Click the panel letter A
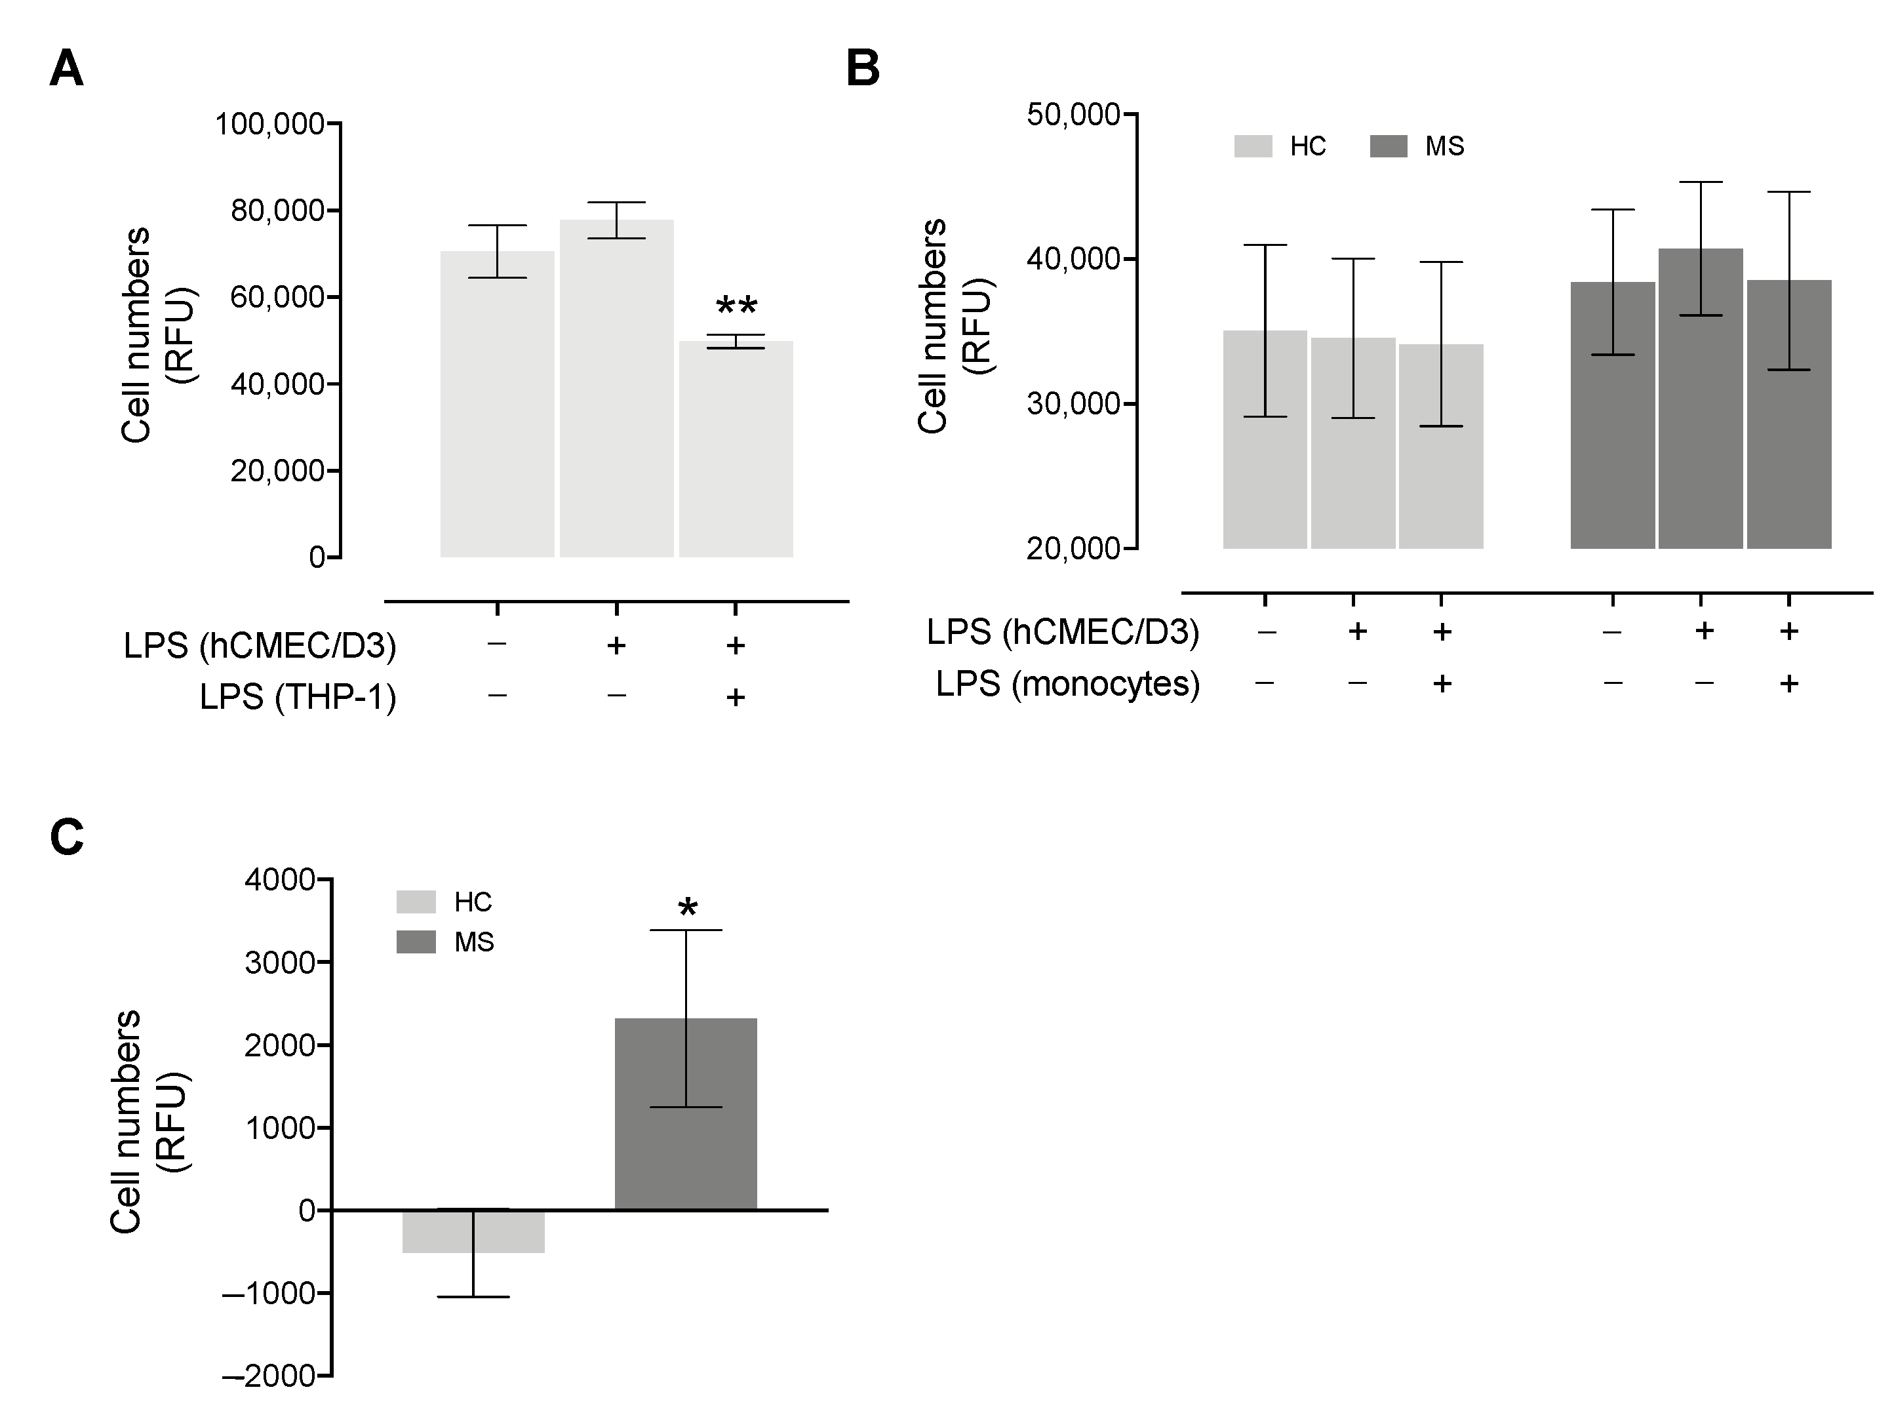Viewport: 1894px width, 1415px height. [x=66, y=70]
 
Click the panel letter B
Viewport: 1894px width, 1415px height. [x=862, y=70]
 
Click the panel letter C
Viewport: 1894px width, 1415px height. [x=67, y=837]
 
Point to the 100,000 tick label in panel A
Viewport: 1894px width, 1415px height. [x=269, y=124]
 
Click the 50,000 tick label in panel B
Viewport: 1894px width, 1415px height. [x=1073, y=115]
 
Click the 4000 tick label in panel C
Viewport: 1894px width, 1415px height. [x=279, y=880]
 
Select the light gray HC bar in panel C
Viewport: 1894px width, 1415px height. [x=473, y=1231]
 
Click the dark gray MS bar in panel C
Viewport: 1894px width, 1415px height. [x=685, y=1113]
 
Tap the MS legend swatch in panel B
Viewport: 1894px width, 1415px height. [x=1388, y=146]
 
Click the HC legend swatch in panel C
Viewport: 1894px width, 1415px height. [x=415, y=902]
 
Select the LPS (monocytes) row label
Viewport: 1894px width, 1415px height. [x=1067, y=683]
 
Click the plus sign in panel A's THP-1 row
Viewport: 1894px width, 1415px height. [x=735, y=697]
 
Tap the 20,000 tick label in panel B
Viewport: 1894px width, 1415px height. [x=1073, y=548]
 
